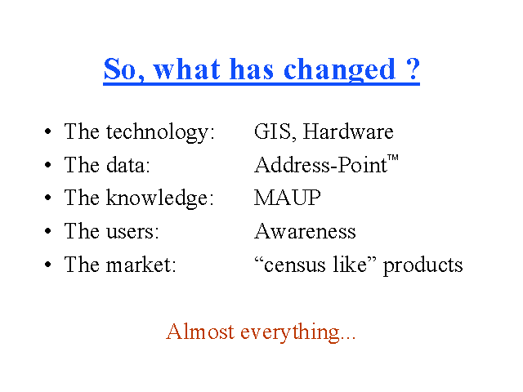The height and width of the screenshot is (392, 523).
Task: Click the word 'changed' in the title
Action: pyautogui.click(x=340, y=71)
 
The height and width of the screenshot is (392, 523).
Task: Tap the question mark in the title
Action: pyautogui.click(x=413, y=69)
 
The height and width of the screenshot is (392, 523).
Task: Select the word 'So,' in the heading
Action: pyautogui.click(x=124, y=69)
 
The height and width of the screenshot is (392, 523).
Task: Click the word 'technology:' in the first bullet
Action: pyautogui.click(x=160, y=132)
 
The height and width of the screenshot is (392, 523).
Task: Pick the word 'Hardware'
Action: pyautogui.click(x=348, y=131)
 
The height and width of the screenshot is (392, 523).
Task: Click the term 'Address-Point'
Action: pyautogui.click(x=320, y=164)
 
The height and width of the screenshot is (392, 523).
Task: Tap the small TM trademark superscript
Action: pyautogui.click(x=393, y=158)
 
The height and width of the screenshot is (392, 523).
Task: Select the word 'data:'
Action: pyautogui.click(x=128, y=164)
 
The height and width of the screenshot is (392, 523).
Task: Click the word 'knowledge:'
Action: pyautogui.click(x=160, y=198)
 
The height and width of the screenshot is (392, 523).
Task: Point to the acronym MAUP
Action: pyautogui.click(x=288, y=198)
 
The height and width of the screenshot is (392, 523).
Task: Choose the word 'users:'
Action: pyautogui.click(x=132, y=231)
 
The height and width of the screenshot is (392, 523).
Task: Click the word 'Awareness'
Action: pyautogui.click(x=305, y=231)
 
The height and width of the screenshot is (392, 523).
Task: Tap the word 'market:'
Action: pyautogui.click(x=141, y=265)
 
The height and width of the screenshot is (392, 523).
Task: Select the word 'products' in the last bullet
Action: pyautogui.click(x=423, y=266)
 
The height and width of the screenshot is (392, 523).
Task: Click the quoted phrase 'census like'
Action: pyautogui.click(x=315, y=265)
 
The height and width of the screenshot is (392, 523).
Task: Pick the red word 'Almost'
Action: pyautogui.click(x=200, y=332)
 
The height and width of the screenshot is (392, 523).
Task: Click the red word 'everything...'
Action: pyautogui.click(x=297, y=332)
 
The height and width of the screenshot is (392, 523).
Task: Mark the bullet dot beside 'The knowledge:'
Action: pyautogui.click(x=48, y=198)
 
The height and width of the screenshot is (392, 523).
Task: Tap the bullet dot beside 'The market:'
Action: pyautogui.click(x=48, y=265)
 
